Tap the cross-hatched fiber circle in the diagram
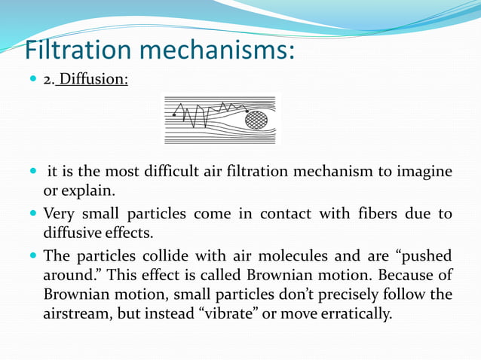pyautogui.click(x=256, y=119)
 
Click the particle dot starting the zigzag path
pyautogui.click(x=174, y=114)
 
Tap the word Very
pyautogui.click(x=59, y=214)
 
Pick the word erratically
pyautogui.click(x=358, y=313)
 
